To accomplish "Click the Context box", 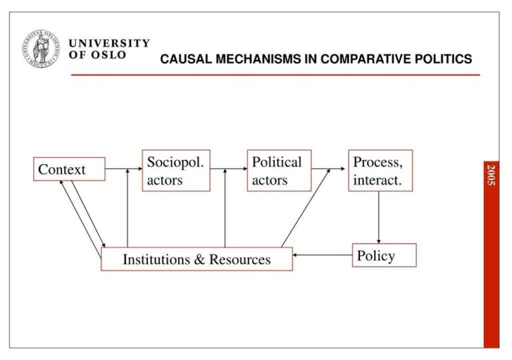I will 69,169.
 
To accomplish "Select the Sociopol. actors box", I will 176,171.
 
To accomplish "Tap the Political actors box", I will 279,171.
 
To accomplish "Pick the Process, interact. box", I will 380,171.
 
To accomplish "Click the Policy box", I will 384,255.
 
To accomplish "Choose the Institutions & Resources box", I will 197,259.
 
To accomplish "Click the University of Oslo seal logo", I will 43,49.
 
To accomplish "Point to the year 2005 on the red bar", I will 491,175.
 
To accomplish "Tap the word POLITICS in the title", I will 445,59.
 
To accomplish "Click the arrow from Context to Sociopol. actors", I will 123,169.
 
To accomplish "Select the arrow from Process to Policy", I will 379,217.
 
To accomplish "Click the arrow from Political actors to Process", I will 329,169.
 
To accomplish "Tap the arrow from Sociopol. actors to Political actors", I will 228,169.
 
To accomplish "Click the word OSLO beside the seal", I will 109,55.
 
